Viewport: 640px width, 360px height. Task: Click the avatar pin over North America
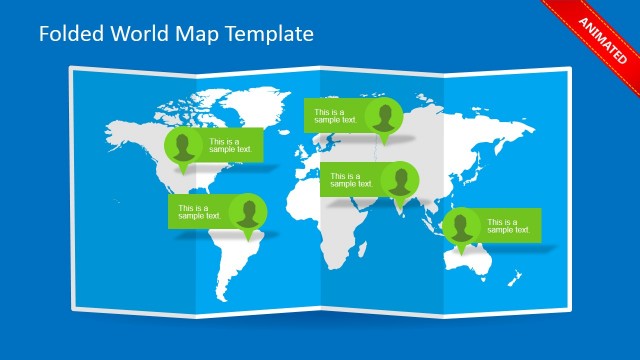(x=183, y=147)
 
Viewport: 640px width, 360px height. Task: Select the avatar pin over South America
(x=248, y=213)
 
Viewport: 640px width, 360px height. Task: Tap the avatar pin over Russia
(x=384, y=118)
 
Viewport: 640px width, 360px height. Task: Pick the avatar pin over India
(x=400, y=181)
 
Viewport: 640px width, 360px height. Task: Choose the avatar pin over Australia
(x=462, y=227)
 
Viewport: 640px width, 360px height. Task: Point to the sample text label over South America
(x=200, y=212)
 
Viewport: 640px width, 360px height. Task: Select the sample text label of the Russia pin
(x=334, y=116)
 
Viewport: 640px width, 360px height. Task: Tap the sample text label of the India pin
(x=350, y=180)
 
